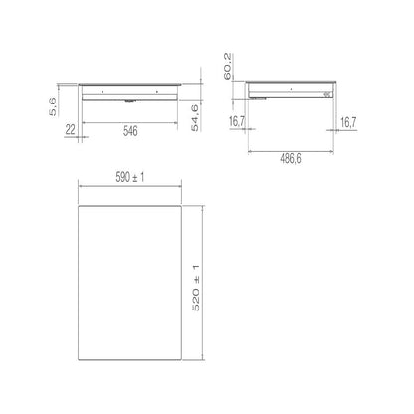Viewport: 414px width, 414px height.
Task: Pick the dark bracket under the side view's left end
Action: (260, 98)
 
